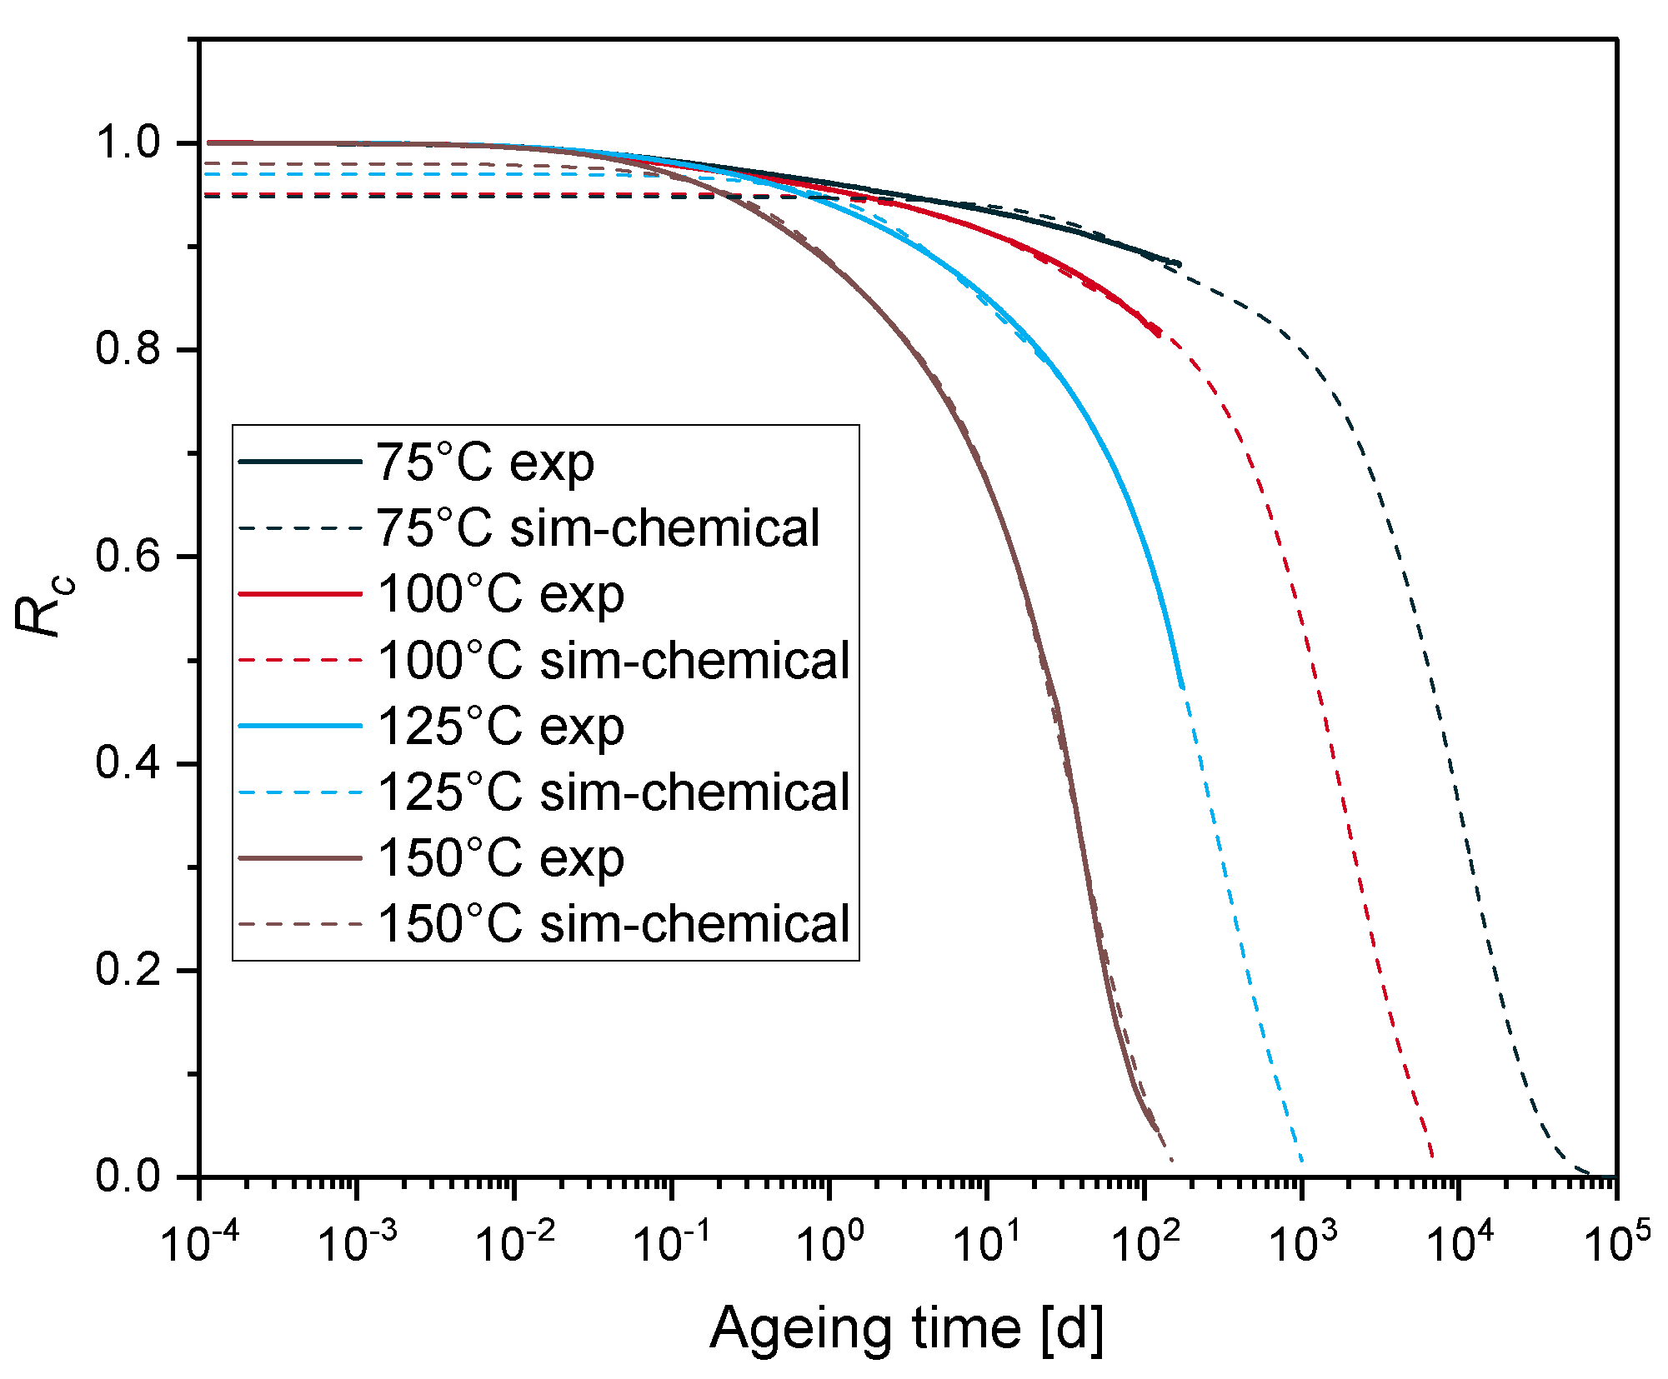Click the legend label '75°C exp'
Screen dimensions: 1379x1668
(x=484, y=462)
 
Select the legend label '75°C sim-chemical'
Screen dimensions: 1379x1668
(x=598, y=528)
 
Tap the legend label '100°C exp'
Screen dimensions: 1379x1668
(x=500, y=594)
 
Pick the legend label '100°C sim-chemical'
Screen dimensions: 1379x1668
(x=614, y=661)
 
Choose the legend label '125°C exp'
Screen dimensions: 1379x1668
(x=500, y=727)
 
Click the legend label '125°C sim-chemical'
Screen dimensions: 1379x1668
(x=614, y=792)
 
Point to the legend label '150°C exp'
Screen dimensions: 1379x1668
(x=500, y=858)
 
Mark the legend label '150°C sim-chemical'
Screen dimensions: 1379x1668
(x=614, y=924)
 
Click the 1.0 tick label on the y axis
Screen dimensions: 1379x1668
(x=128, y=142)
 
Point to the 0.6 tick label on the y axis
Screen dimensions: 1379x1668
(x=128, y=556)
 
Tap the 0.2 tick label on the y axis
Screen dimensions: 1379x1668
(x=128, y=970)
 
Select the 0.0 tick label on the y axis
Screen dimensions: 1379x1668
(x=128, y=1176)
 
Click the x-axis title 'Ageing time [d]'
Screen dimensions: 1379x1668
(x=907, y=1327)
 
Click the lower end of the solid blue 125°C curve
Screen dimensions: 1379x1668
(x=1181, y=686)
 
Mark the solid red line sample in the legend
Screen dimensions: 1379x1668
(x=300, y=594)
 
